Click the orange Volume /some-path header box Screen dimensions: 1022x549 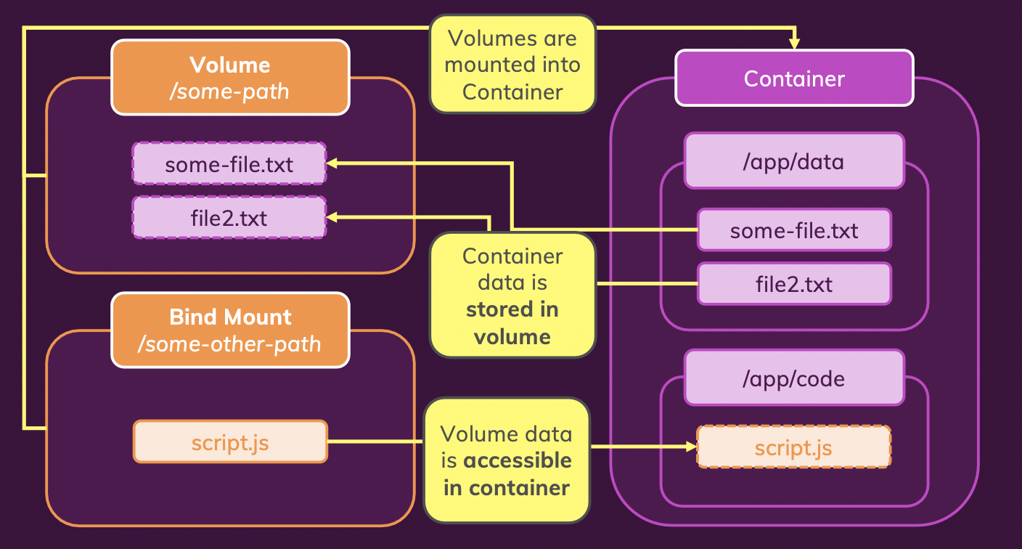[230, 77]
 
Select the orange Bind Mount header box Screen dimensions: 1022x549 [230, 330]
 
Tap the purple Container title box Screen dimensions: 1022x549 [794, 78]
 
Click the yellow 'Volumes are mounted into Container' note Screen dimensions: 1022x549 [513, 65]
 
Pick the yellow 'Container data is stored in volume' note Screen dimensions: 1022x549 [513, 296]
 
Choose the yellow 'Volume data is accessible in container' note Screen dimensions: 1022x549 [507, 460]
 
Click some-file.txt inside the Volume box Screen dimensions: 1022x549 [229, 163]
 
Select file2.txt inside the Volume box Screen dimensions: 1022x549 [229, 217]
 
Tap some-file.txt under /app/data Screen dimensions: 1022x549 [794, 229]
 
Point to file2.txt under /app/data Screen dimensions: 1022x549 [794, 283]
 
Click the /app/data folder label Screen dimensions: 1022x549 [794, 160]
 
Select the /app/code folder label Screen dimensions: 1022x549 [794, 378]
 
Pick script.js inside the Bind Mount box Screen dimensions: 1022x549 [230, 442]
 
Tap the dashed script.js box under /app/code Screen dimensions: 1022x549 [794, 447]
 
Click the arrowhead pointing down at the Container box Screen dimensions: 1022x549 [794, 44]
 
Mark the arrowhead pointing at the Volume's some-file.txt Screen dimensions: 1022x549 [332, 163]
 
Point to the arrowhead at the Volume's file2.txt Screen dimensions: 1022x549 [332, 217]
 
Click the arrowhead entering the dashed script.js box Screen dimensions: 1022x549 [692, 447]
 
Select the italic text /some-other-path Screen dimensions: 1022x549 [229, 344]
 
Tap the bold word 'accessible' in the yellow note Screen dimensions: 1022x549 [518, 460]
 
